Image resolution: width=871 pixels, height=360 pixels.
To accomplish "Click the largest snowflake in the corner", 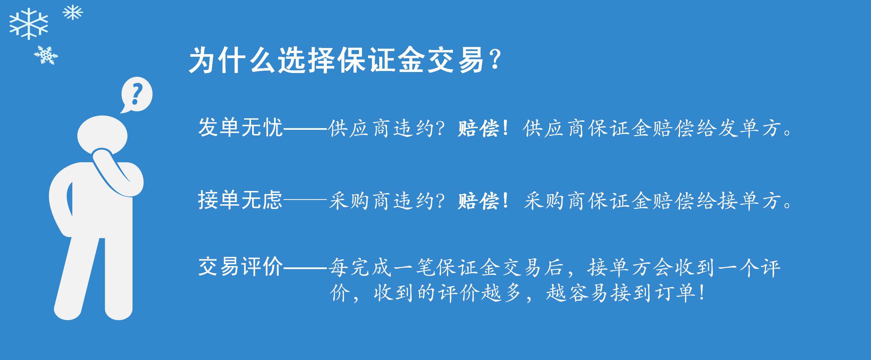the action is (x=28, y=24).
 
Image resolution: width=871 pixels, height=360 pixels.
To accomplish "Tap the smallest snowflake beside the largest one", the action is (x=73, y=13).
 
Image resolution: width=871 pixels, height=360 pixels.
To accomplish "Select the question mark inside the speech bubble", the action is (x=137, y=94).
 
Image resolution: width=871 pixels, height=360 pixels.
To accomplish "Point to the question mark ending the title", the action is (x=496, y=59).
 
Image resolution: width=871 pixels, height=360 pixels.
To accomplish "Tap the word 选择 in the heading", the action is (x=306, y=60).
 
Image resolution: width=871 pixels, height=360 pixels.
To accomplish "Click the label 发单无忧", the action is (x=240, y=128).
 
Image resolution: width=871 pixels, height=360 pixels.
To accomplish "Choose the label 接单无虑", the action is (x=240, y=200).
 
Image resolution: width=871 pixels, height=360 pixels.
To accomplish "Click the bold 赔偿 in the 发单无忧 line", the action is (x=479, y=129).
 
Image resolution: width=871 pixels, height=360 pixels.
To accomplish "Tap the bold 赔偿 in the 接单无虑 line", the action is (x=479, y=201).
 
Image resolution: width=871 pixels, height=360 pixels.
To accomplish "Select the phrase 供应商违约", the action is (x=381, y=128).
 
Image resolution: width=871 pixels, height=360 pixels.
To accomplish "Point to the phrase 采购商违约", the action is (x=381, y=201).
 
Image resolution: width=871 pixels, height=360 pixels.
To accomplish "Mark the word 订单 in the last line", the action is (x=676, y=293).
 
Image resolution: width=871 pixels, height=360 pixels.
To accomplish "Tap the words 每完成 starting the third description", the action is (x=360, y=267).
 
